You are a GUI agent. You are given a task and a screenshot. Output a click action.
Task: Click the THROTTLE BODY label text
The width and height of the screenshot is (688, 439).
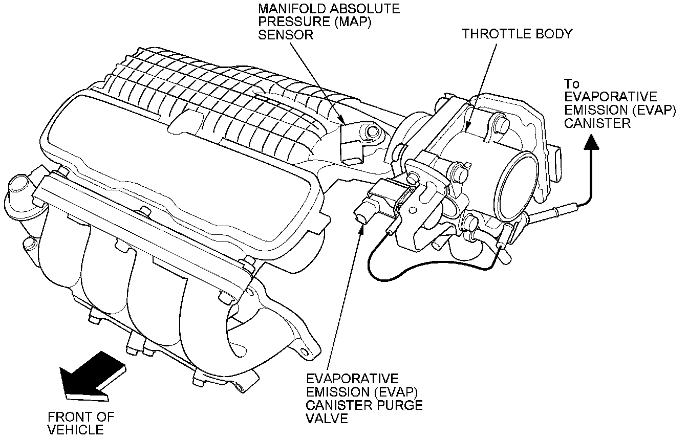coord(517,34)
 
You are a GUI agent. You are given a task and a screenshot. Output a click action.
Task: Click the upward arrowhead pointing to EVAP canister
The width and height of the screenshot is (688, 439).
coord(592,141)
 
